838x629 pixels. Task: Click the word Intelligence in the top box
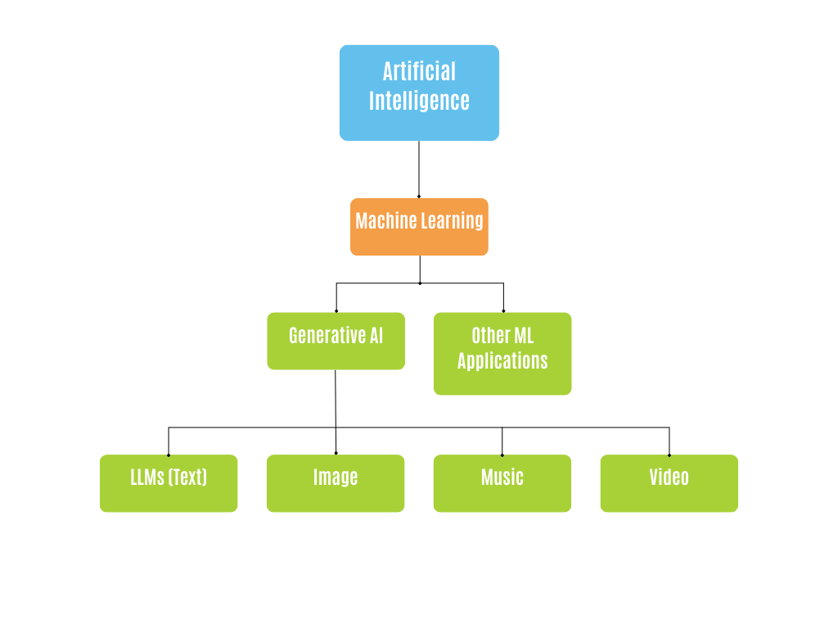[x=419, y=101]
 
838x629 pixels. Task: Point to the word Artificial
[x=419, y=71]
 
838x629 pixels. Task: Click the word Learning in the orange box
[x=452, y=220]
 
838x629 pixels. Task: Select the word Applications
[x=502, y=360]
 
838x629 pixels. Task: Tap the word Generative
[x=322, y=335]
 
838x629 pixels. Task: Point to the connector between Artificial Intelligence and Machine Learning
[x=419, y=168]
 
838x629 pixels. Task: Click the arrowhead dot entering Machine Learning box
[x=419, y=197]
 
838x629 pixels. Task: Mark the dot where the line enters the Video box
[x=669, y=455]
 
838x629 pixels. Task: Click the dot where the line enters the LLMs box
[x=169, y=455]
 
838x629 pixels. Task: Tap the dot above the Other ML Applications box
[x=503, y=311]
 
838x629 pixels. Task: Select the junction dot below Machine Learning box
[x=420, y=283]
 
